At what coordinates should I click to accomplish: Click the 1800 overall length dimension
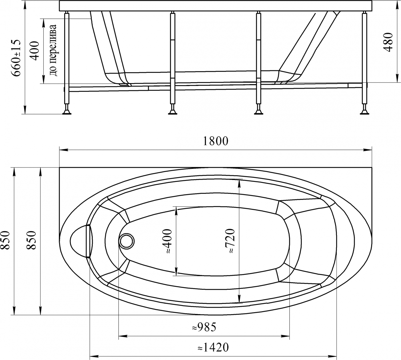[x=216, y=141]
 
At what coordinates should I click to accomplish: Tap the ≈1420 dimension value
[x=213, y=347]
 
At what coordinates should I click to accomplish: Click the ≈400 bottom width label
[x=166, y=241]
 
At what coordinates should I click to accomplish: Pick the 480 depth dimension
[x=388, y=42]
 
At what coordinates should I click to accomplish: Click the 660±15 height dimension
[x=16, y=58]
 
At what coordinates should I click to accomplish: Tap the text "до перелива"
[x=53, y=50]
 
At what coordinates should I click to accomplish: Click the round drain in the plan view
[x=127, y=241]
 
